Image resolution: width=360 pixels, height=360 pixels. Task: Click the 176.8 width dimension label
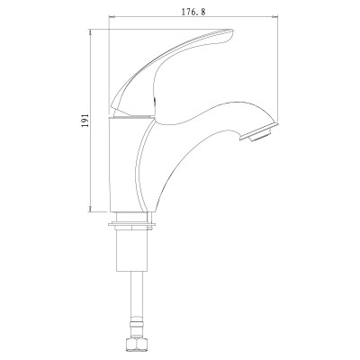pyautogui.click(x=193, y=12)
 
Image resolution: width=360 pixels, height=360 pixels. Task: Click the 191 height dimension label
pyautogui.click(x=85, y=121)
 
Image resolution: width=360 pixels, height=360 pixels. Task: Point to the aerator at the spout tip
pyautogui.click(x=260, y=131)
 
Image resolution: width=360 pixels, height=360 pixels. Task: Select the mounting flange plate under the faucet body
pyautogui.click(x=132, y=224)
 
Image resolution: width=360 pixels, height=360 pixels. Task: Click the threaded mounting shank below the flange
pyautogui.click(x=132, y=250)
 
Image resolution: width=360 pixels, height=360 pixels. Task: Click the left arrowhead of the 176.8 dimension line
pyautogui.click(x=112, y=17)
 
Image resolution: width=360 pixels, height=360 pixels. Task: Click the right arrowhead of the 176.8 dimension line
pyautogui.click(x=275, y=17)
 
